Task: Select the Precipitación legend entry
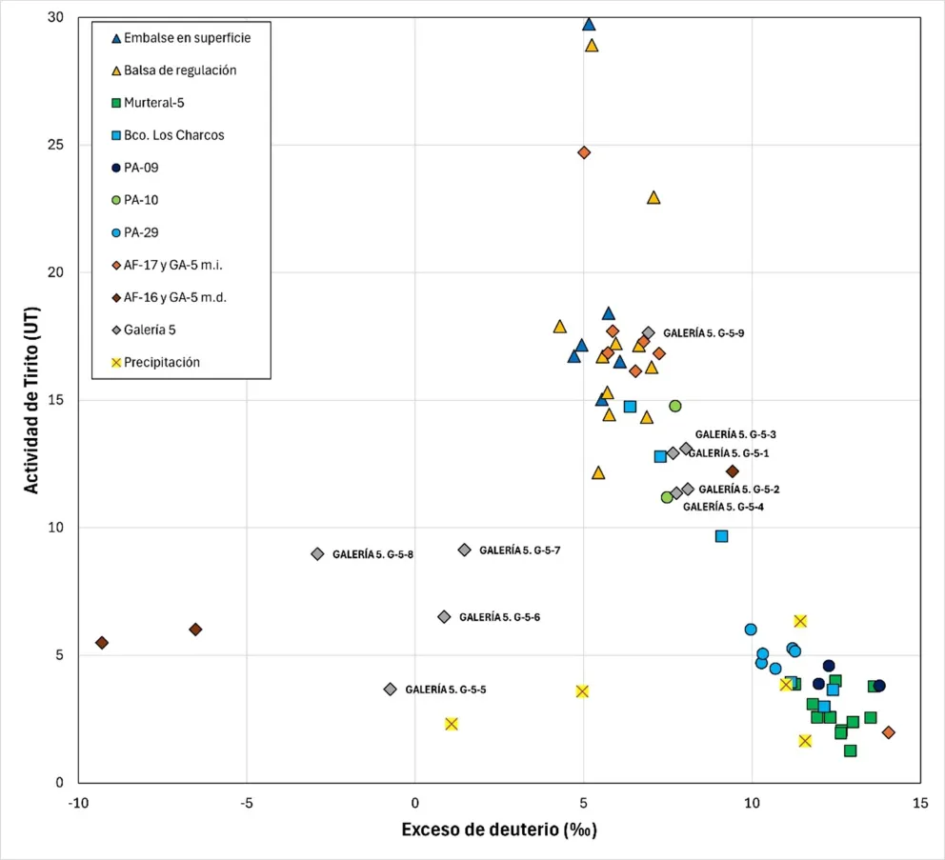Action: click(x=162, y=362)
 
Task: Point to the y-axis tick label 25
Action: click(x=56, y=145)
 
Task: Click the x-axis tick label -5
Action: click(x=246, y=802)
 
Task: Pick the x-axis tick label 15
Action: click(x=919, y=802)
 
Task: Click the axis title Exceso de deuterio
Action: click(x=498, y=830)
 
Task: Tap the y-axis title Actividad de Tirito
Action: click(x=31, y=399)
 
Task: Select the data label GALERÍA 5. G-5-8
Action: click(x=372, y=554)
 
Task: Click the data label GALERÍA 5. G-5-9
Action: click(x=703, y=333)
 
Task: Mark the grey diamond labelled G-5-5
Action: click(x=390, y=689)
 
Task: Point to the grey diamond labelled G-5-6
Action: click(x=444, y=617)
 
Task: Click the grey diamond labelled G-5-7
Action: click(x=464, y=550)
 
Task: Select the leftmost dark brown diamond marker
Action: click(x=102, y=643)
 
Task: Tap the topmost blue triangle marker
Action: click(x=589, y=25)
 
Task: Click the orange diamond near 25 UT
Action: click(x=584, y=152)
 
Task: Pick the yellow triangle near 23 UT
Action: click(x=653, y=198)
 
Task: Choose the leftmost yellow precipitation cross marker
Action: click(x=452, y=724)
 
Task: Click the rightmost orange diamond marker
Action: click(x=888, y=732)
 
